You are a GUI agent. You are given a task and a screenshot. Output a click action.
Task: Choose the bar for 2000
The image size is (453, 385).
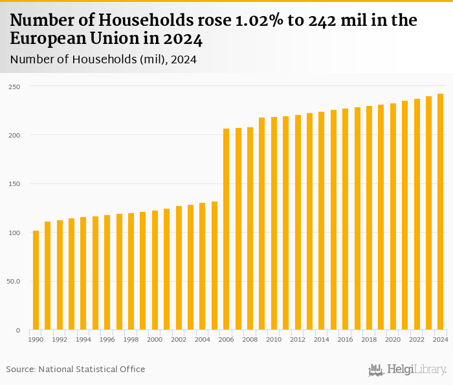click(x=155, y=270)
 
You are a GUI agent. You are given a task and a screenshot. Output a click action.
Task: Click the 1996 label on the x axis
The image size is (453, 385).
click(x=107, y=339)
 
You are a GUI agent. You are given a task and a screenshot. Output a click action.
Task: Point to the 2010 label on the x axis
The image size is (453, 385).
click(x=274, y=339)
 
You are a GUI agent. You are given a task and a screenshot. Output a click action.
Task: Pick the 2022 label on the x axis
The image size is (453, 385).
click(x=416, y=339)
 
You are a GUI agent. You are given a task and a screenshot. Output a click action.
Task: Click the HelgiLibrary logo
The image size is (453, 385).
click(x=407, y=369)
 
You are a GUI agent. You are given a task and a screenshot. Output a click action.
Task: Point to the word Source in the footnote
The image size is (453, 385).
click(x=21, y=369)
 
